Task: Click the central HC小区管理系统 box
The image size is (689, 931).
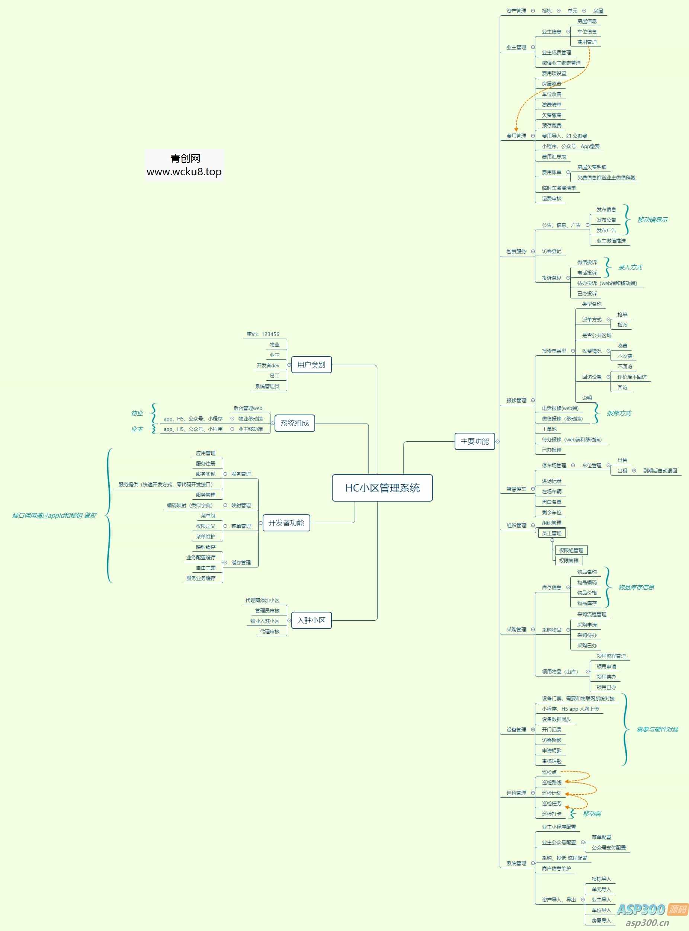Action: tap(382, 487)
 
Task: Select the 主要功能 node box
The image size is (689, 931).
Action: tap(474, 441)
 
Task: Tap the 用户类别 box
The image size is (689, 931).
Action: tap(311, 365)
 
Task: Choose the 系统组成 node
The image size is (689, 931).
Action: tap(294, 423)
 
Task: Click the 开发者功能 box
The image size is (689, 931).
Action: tap(286, 523)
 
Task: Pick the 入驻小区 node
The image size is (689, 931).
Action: tap(311, 620)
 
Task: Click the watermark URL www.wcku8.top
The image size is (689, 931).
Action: tap(184, 172)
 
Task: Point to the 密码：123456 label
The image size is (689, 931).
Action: tap(263, 334)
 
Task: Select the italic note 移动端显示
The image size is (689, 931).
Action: tap(652, 220)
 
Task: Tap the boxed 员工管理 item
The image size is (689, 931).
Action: tap(551, 533)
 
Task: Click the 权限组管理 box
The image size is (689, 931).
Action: tap(571, 550)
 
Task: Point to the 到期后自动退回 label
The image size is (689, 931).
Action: tap(660, 470)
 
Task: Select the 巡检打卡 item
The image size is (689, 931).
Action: tap(551, 814)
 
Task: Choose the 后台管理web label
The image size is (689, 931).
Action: tap(248, 408)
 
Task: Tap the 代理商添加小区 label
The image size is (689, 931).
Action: tap(262, 600)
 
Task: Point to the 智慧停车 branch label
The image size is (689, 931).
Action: tap(516, 489)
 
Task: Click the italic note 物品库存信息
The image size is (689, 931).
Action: tap(636, 587)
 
